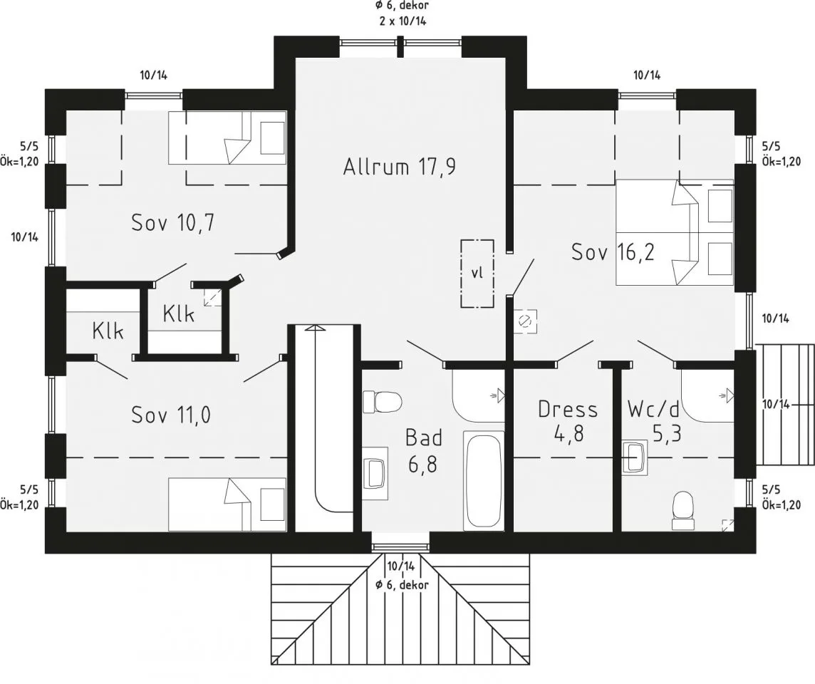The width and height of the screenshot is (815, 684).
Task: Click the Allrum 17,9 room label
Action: [400, 167]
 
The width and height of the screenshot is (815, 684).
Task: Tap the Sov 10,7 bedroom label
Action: [173, 223]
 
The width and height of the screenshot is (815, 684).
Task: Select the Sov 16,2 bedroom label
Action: [613, 252]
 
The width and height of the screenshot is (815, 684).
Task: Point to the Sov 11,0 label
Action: [171, 415]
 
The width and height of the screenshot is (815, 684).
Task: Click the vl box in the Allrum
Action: [477, 274]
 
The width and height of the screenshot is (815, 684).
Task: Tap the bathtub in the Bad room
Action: [484, 480]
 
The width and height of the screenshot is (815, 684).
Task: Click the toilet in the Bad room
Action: [382, 402]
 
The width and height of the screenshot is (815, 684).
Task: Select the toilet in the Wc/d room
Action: [683, 505]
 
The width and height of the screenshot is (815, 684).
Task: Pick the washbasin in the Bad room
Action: [375, 472]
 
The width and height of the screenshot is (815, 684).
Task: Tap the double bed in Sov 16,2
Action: [675, 232]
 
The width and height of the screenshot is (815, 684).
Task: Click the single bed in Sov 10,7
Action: [228, 138]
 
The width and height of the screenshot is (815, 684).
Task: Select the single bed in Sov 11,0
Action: [228, 504]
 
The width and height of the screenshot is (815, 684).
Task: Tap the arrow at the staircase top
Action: [314, 328]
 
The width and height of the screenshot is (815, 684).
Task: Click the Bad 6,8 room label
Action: [424, 451]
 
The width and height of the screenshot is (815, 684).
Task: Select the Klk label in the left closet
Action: [108, 331]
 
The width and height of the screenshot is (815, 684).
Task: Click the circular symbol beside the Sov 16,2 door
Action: [524, 321]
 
